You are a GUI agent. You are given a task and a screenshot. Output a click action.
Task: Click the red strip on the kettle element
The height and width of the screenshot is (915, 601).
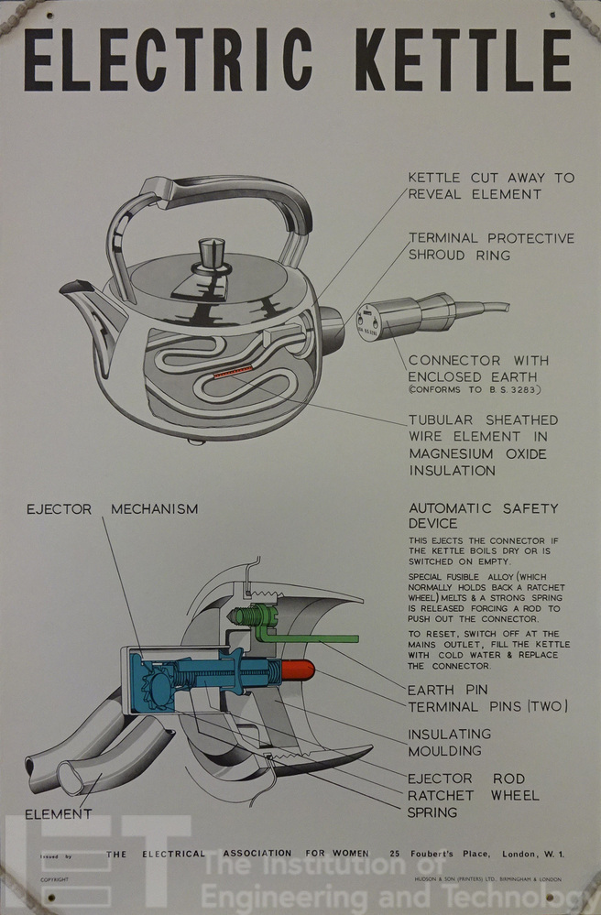coord(232,372)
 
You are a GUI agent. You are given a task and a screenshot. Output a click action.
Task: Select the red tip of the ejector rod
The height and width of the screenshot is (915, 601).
coord(298,670)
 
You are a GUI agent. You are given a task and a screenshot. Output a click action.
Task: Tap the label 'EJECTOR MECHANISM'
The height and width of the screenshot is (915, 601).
coord(112,508)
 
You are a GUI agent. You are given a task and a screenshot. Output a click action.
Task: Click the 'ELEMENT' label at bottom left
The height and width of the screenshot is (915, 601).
coord(59,813)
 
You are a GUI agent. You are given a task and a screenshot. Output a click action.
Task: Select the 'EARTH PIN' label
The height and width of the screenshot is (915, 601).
coord(448,690)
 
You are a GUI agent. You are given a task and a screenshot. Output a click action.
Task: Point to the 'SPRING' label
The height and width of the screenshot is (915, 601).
coord(432,812)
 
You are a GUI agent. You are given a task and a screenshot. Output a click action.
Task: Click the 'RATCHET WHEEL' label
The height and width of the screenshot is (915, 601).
coord(473,795)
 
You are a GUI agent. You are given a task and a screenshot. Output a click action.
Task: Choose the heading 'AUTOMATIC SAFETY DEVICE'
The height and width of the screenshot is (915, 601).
coord(483,516)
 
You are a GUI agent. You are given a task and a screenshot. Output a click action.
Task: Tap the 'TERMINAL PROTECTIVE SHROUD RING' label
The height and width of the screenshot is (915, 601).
coord(490,246)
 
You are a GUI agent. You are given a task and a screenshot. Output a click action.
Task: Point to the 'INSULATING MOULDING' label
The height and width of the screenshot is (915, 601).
coord(449,743)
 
